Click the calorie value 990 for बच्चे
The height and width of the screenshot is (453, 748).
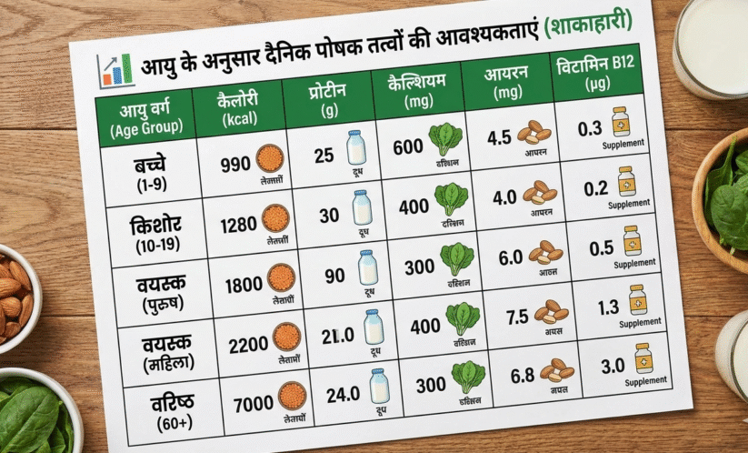pyautogui.click(x=235, y=163)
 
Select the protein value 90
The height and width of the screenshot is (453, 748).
pyautogui.click(x=334, y=272)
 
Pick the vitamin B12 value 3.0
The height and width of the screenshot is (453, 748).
pyautogui.click(x=613, y=365)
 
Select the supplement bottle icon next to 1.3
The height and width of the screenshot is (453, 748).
pyautogui.click(x=638, y=299)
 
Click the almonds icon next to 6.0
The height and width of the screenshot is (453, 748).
pyautogui.click(x=546, y=252)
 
